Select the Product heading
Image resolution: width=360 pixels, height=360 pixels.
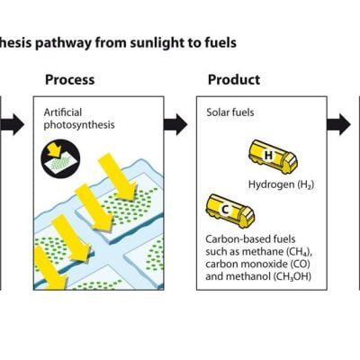tap(234, 80)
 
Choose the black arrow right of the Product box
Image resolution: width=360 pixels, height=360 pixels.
tap(339, 125)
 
